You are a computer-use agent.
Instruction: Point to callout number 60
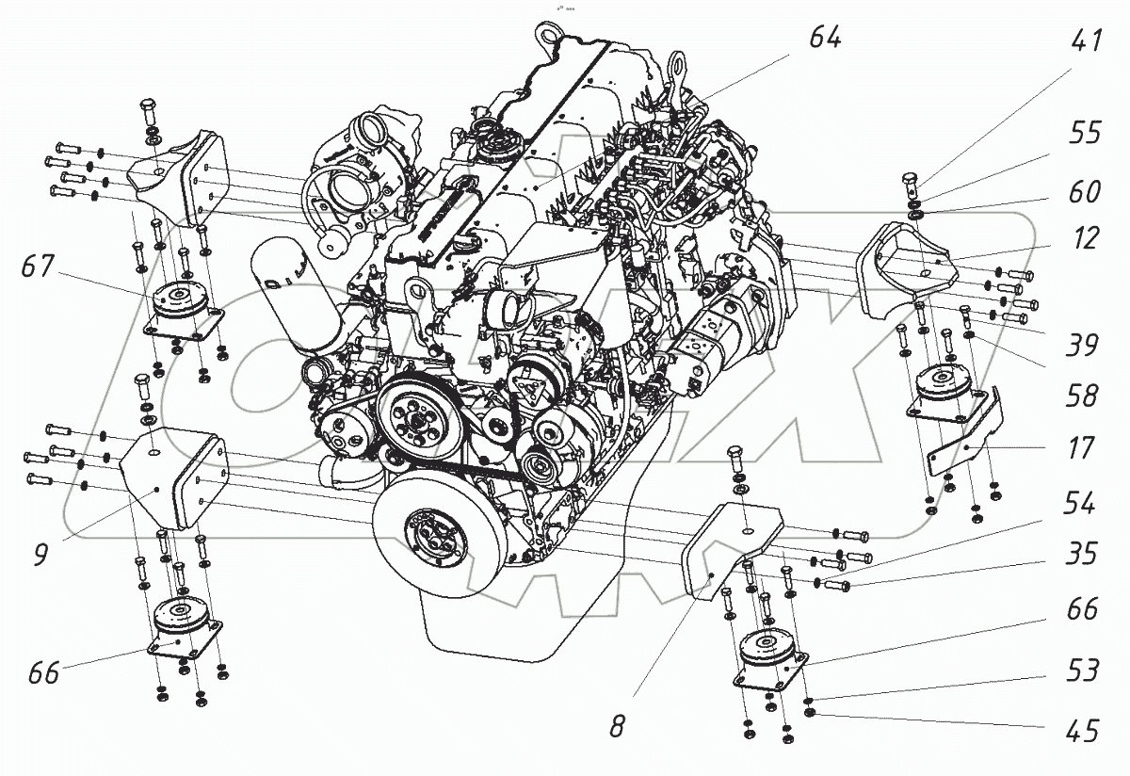coord(1085,192)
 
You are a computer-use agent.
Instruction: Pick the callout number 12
coord(1085,239)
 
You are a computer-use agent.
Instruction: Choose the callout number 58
coord(1085,396)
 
